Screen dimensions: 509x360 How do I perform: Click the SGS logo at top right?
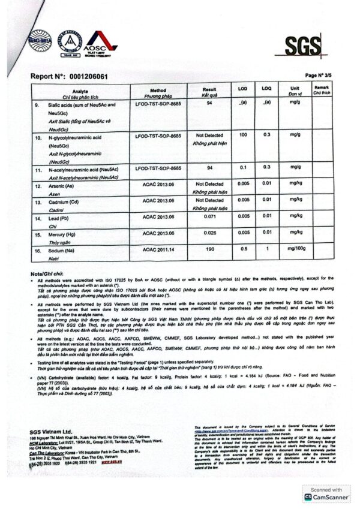pos(301,46)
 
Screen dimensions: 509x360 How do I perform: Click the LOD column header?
pos(243,89)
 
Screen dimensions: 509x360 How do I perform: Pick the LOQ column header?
pos(267,89)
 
